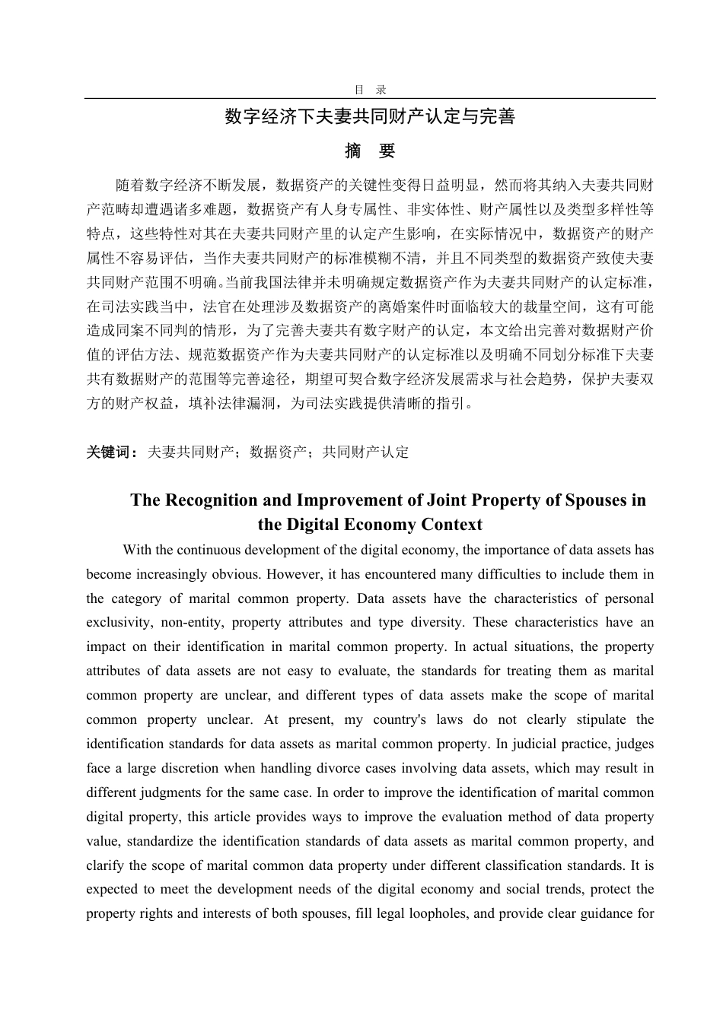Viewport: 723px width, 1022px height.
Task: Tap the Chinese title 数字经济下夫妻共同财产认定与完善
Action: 370,117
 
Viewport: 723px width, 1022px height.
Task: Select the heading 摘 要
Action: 370,151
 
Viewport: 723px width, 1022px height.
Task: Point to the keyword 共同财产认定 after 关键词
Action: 365,452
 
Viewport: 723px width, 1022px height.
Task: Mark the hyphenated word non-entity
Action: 191,623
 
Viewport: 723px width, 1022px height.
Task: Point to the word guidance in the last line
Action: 603,914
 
